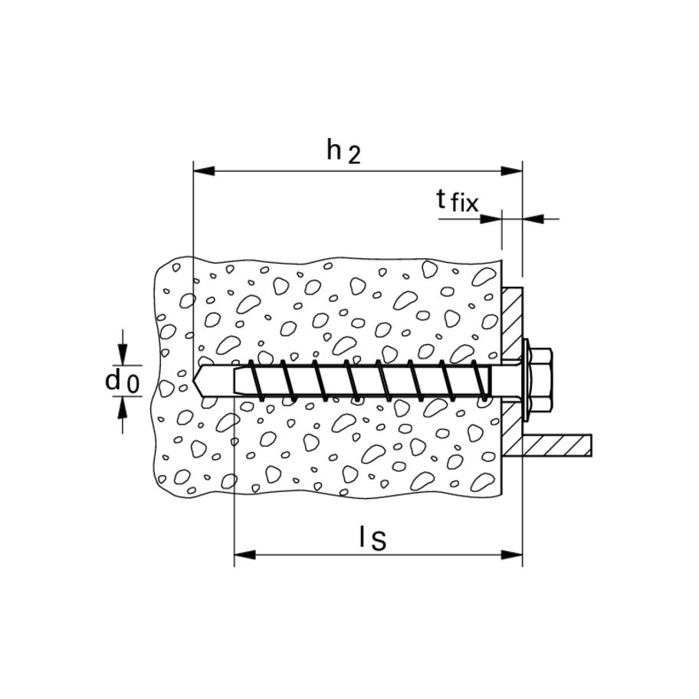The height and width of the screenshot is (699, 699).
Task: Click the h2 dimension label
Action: (x=343, y=151)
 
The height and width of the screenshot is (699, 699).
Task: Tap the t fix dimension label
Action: (x=457, y=201)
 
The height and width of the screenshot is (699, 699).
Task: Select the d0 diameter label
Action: (x=122, y=382)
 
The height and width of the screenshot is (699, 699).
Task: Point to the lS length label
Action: (x=372, y=537)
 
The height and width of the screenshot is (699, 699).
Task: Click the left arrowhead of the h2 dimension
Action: (x=204, y=171)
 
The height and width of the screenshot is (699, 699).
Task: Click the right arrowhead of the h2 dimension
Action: (x=511, y=171)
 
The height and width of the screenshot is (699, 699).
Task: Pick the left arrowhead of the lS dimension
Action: (x=244, y=555)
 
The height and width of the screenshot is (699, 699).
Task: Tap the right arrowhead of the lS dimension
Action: (x=511, y=555)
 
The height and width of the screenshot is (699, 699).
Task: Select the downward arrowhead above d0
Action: (x=123, y=355)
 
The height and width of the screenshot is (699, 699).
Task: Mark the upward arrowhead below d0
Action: (x=123, y=408)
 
